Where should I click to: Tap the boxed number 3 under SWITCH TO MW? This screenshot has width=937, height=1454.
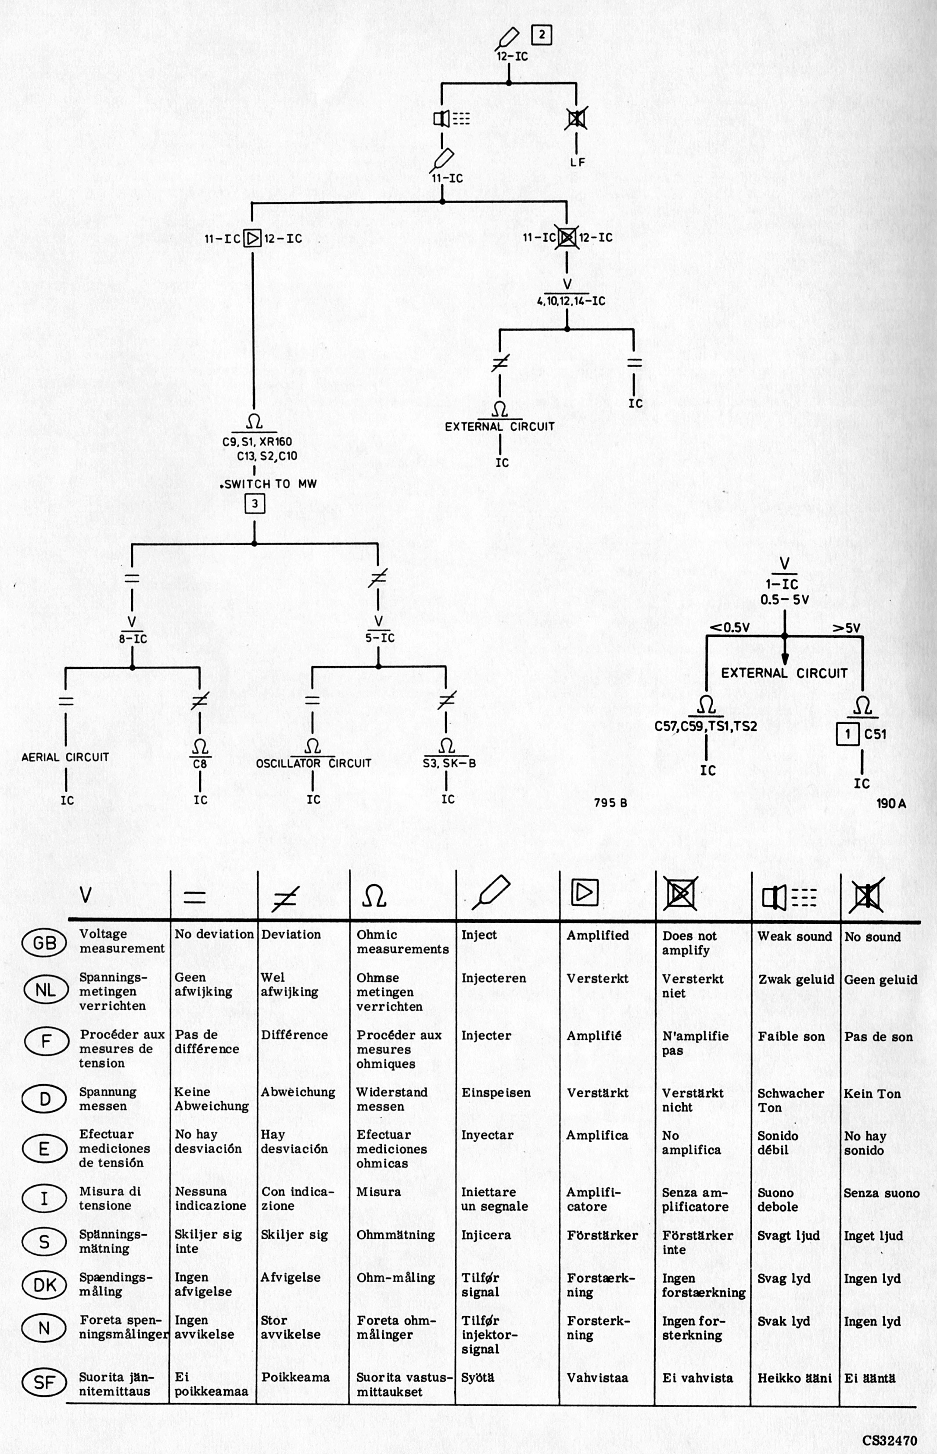point(255,503)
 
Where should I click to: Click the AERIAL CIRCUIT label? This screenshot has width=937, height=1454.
point(65,757)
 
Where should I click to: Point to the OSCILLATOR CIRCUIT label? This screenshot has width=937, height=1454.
point(313,763)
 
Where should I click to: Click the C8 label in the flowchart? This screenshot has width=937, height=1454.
point(200,764)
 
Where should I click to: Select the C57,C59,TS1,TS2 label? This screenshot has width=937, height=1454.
point(706,726)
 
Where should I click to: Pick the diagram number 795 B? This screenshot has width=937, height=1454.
point(610,803)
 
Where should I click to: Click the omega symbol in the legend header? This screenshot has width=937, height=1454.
point(373,895)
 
